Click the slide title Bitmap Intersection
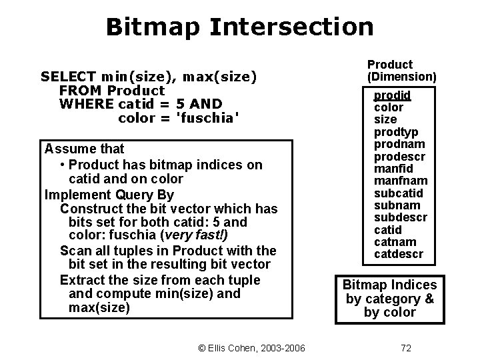pyautogui.click(x=239, y=27)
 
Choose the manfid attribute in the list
pyautogui.click(x=393, y=169)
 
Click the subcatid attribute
pyautogui.click(x=398, y=193)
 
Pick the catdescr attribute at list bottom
pyautogui.click(x=398, y=254)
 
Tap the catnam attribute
pyautogui.click(x=395, y=242)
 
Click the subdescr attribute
pyautogui.click(x=400, y=218)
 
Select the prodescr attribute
pyautogui.click(x=399, y=157)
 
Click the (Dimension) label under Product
pyautogui.click(x=401, y=77)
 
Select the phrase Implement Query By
pyautogui.click(x=108, y=195)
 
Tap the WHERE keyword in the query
pyautogui.click(x=86, y=104)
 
